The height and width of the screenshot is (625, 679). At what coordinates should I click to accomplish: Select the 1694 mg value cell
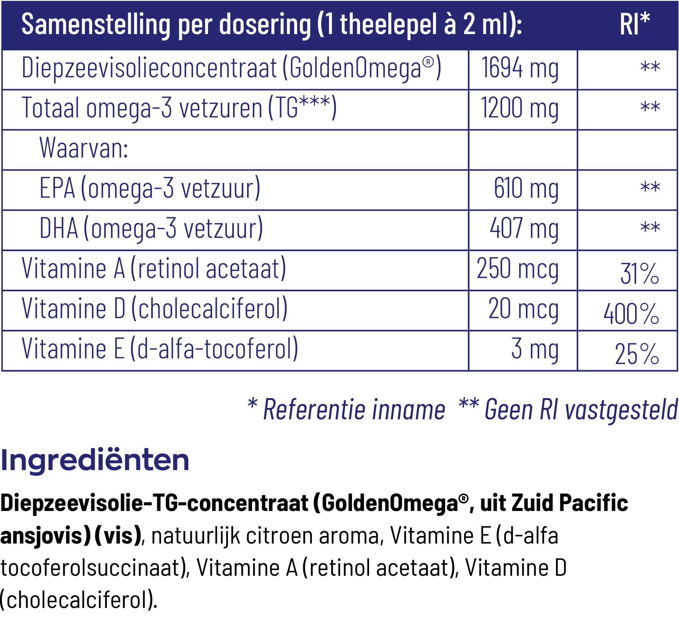click(x=520, y=69)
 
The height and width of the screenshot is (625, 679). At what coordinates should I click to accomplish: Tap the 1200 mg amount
click(x=520, y=109)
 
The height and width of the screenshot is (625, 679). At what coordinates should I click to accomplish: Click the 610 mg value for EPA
click(x=526, y=189)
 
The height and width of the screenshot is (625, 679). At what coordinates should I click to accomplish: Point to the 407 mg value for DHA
click(x=524, y=229)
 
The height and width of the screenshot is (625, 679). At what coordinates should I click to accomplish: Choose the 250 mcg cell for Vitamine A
click(x=518, y=269)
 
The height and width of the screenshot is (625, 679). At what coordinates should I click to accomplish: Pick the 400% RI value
click(x=631, y=314)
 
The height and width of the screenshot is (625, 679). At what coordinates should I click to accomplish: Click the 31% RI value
click(x=640, y=273)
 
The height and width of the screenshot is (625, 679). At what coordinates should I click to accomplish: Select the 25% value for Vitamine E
click(x=637, y=354)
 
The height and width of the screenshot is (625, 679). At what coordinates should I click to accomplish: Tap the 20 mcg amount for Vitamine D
click(x=523, y=309)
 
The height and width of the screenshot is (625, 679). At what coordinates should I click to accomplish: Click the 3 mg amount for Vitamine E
click(x=535, y=349)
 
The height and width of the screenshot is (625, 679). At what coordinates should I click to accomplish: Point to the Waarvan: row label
click(x=84, y=148)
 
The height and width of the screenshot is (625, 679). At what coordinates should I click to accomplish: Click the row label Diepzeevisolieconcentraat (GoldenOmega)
click(x=231, y=69)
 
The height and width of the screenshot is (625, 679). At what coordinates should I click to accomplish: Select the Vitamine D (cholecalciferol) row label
click(x=155, y=309)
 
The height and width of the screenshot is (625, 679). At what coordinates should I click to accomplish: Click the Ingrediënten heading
click(x=95, y=460)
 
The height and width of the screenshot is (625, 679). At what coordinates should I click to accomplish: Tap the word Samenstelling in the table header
click(x=96, y=25)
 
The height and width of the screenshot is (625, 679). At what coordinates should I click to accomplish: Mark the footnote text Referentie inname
click(x=354, y=409)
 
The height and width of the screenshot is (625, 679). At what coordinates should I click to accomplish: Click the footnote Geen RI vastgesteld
click(x=580, y=409)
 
